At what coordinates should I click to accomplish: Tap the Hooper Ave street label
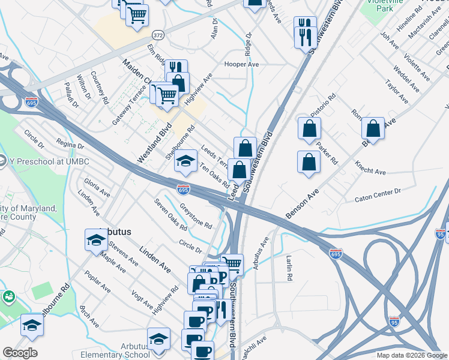click(x=241, y=64)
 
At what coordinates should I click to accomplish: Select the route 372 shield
click(x=157, y=34)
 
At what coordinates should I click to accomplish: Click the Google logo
click(x=20, y=353)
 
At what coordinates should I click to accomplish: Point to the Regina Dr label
click(x=69, y=145)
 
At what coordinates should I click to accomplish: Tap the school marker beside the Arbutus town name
click(x=95, y=240)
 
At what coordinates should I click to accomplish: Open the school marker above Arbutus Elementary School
click(x=158, y=340)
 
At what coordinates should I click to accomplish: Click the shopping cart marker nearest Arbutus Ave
click(x=232, y=264)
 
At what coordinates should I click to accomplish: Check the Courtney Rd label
click(x=99, y=87)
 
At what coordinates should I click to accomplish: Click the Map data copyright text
click(x=411, y=355)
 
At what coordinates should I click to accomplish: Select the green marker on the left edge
click(x=8, y=296)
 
